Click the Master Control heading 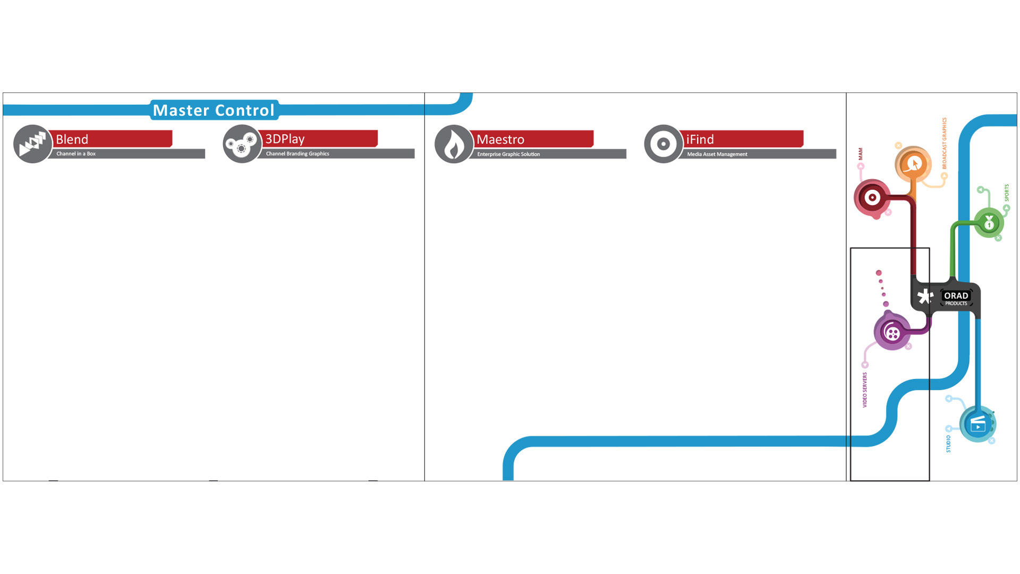[214, 110]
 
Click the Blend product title [72, 139]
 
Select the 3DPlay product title [285, 139]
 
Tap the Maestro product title [500, 139]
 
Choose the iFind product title [700, 139]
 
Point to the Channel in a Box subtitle [76, 154]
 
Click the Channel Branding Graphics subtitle [297, 154]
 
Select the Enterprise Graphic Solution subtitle [508, 154]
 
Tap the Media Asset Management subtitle [717, 154]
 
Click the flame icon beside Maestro [454, 144]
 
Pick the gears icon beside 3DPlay [242, 143]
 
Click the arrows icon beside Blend [32, 143]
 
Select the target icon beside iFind [663, 143]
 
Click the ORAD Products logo [956, 298]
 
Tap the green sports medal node [989, 223]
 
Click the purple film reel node [892, 333]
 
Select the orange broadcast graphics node [913, 164]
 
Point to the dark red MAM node [872, 198]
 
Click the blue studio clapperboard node [977, 424]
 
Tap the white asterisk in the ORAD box [925, 297]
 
